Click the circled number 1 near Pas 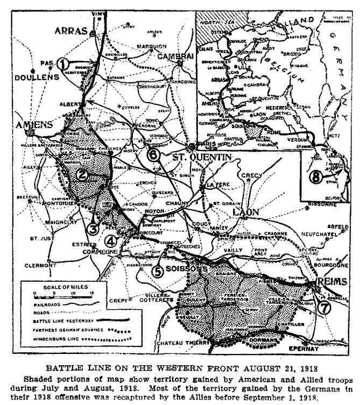click(x=64, y=63)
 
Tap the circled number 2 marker click(x=82, y=173)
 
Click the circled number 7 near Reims click(x=324, y=308)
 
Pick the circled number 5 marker click(x=158, y=272)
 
